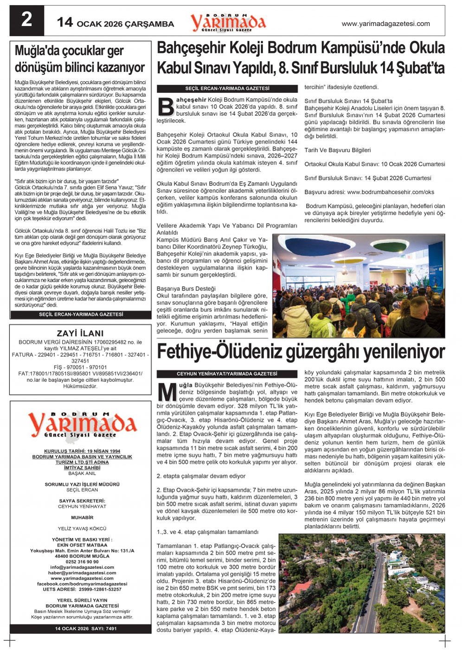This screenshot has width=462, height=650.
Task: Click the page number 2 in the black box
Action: click(27, 20)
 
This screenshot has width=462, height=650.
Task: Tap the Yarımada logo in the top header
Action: click(228, 22)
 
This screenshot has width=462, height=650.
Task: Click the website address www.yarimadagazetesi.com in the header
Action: click(385, 24)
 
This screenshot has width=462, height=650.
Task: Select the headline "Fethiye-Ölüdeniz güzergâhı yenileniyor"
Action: click(301, 352)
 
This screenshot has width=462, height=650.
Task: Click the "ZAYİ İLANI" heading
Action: click(80, 333)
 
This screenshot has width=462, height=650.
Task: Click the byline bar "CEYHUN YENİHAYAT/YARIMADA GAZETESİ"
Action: click(227, 373)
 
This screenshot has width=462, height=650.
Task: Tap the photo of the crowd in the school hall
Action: click(358, 286)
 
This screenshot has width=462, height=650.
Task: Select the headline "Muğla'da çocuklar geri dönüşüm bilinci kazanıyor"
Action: click(80, 59)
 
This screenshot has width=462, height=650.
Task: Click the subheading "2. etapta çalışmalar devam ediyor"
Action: click(201, 476)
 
